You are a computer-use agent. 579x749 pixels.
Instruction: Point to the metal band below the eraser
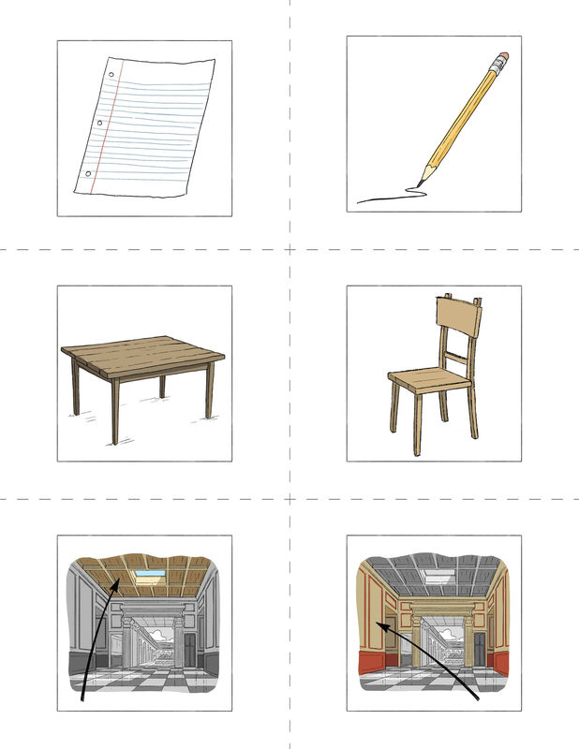point(493,71)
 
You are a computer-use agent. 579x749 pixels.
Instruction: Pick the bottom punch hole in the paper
point(89,173)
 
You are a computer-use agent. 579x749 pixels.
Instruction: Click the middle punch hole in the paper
point(99,123)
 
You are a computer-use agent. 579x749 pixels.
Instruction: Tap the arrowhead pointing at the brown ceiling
point(115,584)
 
